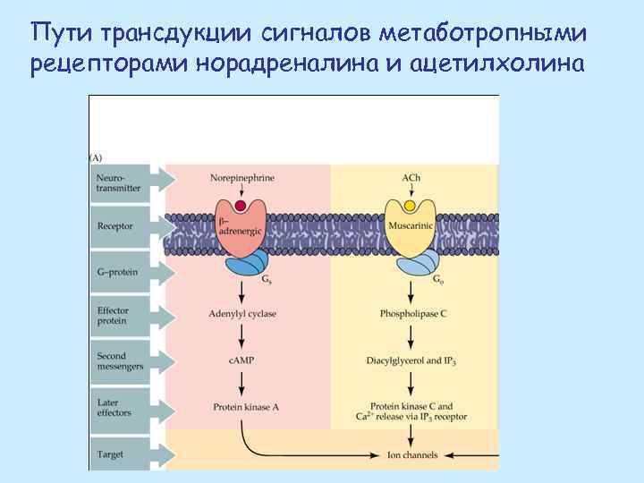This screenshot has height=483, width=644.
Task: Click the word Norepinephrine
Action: click(x=242, y=177)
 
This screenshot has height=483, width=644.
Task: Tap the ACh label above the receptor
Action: click(x=411, y=177)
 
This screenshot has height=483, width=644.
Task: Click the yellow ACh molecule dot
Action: click(x=410, y=206)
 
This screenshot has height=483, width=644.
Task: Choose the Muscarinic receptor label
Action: click(x=411, y=227)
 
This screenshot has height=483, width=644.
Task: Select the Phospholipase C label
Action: click(x=411, y=314)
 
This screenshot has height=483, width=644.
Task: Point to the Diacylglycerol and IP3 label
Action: click(x=411, y=360)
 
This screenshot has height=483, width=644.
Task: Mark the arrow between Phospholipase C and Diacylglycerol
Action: click(x=411, y=337)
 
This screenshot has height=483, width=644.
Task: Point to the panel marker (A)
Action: click(x=96, y=157)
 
